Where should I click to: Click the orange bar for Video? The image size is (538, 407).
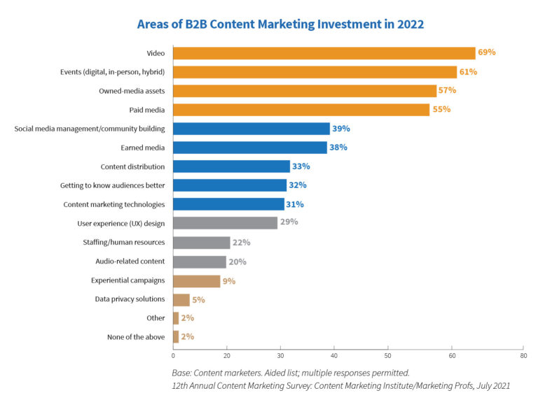324,53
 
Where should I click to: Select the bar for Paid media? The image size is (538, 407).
301,110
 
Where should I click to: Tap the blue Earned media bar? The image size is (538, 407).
249,148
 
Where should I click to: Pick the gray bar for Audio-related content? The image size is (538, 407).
200,262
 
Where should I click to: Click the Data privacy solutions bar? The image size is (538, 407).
181,299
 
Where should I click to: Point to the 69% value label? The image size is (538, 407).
488,52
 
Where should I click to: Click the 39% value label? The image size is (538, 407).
340,129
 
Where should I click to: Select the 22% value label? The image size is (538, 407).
242,243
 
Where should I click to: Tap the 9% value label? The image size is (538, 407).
229,280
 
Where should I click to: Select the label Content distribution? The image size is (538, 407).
133,166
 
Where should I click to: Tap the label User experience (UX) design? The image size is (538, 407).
121,223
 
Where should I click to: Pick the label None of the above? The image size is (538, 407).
137,337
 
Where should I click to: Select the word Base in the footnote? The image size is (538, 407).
181,372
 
